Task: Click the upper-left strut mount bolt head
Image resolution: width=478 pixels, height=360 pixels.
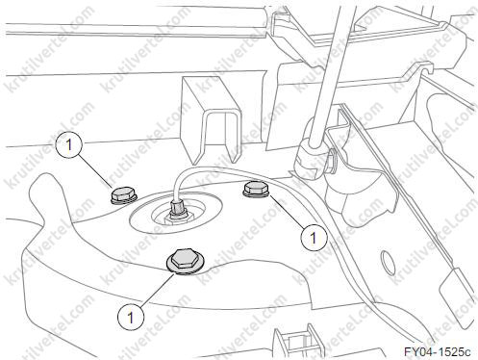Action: [124, 195]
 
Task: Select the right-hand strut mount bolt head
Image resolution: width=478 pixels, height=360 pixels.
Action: [255, 189]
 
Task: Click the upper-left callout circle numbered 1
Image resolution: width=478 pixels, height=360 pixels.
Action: [69, 145]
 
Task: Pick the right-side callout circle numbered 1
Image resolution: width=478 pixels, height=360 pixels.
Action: [314, 238]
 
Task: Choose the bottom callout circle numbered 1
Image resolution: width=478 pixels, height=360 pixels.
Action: [131, 317]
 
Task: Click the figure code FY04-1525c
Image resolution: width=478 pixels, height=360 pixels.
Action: [438, 352]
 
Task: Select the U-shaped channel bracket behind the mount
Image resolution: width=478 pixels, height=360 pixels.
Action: [209, 119]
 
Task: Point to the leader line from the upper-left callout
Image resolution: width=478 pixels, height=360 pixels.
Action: [96, 171]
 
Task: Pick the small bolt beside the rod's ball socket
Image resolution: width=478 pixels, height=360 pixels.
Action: [331, 162]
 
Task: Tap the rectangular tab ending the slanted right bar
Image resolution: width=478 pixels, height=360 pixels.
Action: [456, 295]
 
